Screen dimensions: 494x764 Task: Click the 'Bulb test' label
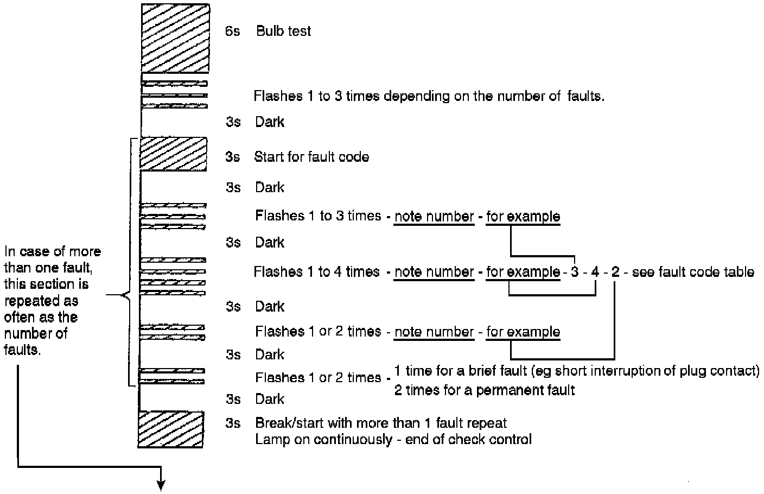[x=283, y=31]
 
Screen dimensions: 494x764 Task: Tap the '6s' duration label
[x=233, y=31]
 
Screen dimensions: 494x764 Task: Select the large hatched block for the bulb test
[x=175, y=39]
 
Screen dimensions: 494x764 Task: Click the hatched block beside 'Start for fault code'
[x=174, y=154]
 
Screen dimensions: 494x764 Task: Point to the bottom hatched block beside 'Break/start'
[x=171, y=429]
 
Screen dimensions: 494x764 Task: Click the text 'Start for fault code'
[x=311, y=157]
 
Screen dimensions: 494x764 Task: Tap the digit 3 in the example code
[x=575, y=272]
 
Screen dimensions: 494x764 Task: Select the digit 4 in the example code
[x=595, y=272]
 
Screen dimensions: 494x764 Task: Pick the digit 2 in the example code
[x=615, y=272]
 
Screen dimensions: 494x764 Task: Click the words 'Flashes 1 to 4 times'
[x=317, y=271]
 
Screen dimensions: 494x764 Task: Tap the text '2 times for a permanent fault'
[x=484, y=390]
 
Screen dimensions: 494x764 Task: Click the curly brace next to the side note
[x=128, y=296]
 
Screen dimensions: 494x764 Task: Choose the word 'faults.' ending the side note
[x=23, y=350]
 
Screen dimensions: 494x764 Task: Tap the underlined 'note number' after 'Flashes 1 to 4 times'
[x=434, y=272]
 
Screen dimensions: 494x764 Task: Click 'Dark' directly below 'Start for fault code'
[x=270, y=187]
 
